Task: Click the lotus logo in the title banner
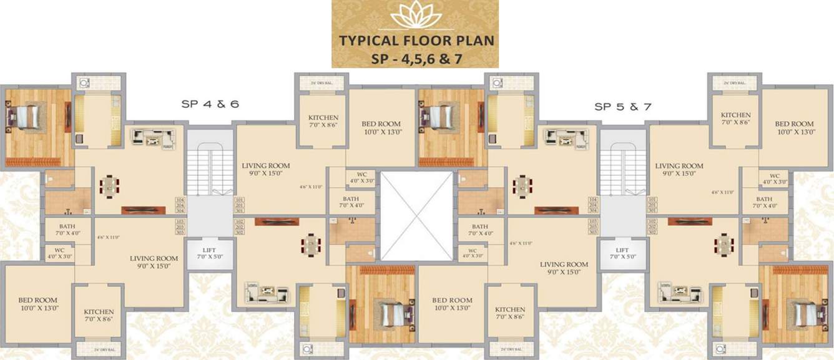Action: [415, 15]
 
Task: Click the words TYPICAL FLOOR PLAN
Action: [416, 41]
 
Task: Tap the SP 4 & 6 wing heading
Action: [210, 105]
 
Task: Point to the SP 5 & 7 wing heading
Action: [622, 107]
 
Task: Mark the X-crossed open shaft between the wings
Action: [416, 216]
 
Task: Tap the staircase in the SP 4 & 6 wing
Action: [210, 168]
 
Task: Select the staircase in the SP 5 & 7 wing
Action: [622, 168]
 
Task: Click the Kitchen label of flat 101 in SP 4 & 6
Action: [323, 121]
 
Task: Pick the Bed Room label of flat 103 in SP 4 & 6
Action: [37, 304]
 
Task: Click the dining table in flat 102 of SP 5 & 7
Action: [724, 244]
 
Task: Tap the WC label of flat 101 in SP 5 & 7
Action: [774, 179]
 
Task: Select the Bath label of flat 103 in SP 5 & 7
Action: [479, 230]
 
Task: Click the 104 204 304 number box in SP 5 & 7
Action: [593, 205]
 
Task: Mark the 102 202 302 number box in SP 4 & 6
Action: [239, 226]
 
